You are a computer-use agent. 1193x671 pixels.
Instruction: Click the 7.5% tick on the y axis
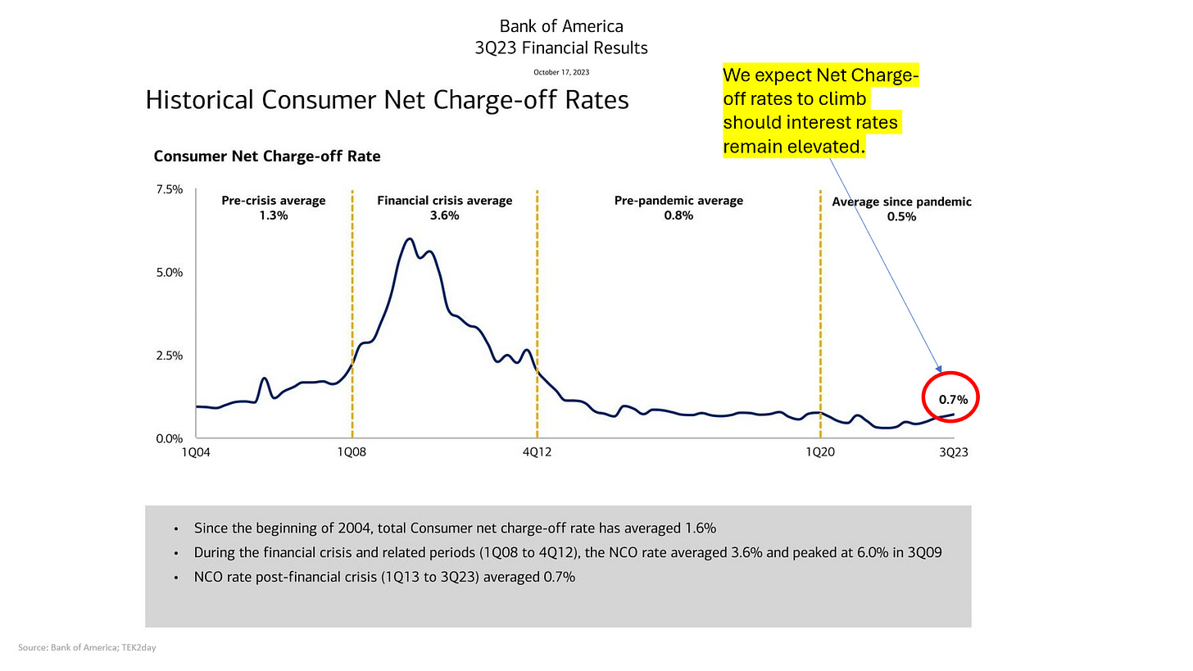coord(170,189)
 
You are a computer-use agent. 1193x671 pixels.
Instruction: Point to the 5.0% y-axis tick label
coord(170,273)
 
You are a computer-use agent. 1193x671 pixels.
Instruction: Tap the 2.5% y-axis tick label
coord(170,356)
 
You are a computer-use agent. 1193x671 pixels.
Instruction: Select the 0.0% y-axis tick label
coord(170,439)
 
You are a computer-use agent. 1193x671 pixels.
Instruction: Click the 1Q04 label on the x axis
coord(196,452)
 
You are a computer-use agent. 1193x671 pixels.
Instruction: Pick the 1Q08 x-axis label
coord(352,452)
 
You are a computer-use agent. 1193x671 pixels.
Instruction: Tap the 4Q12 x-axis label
coord(537,452)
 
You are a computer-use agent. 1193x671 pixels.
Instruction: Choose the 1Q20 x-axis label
coord(820,452)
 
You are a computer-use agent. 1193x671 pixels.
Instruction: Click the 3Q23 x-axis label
coord(954,452)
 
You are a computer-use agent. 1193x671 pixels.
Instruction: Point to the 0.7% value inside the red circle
coord(954,400)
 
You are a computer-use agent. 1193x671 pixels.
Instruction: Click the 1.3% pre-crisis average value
coord(274,215)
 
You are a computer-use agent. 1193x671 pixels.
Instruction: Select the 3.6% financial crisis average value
coord(445,215)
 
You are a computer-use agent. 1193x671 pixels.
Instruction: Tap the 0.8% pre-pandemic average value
coord(678,215)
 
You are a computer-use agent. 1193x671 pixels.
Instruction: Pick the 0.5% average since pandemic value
coord(901,217)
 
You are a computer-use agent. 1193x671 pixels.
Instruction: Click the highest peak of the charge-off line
coord(410,238)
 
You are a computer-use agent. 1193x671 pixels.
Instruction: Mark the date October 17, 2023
coord(561,72)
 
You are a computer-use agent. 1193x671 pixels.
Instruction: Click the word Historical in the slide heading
coord(199,100)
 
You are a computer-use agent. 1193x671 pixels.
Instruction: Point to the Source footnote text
coord(87,647)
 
